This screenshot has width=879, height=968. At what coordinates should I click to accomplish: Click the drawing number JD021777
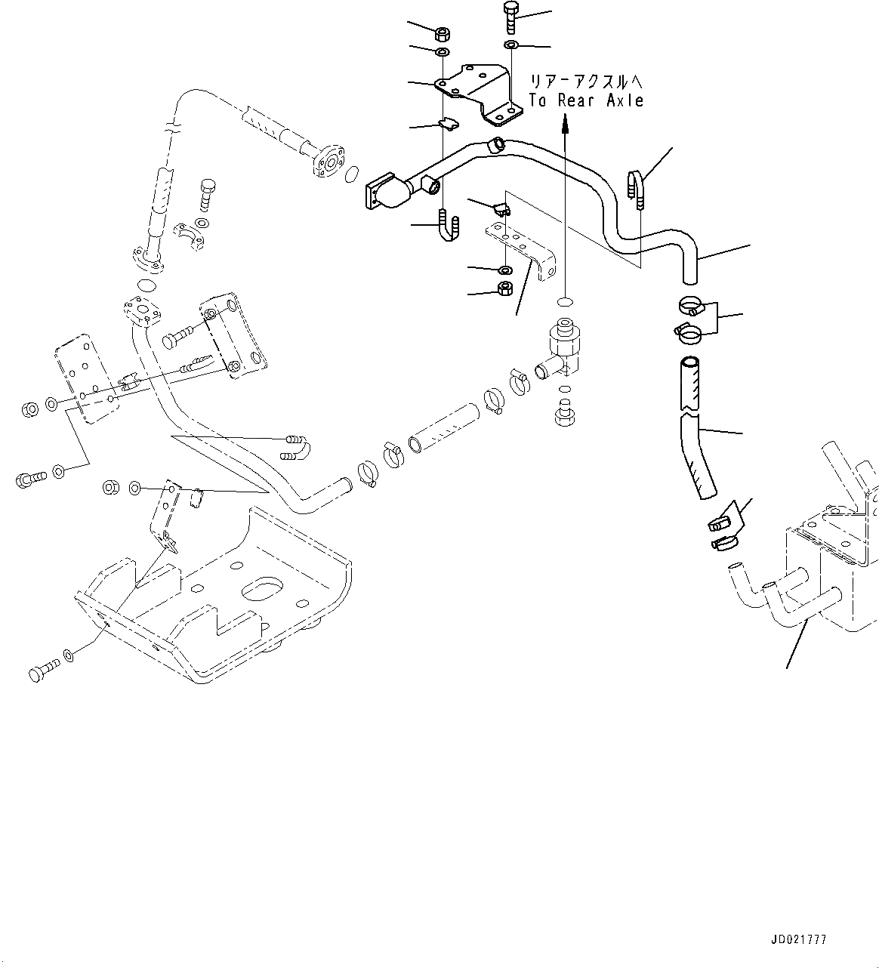coord(798,940)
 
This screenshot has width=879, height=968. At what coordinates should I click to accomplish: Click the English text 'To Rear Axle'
coord(586,100)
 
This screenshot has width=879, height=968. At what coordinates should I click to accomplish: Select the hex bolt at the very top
coord(510,16)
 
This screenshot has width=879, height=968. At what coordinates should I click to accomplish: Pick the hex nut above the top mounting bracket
coord(442,34)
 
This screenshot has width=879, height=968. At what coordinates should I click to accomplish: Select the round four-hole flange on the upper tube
coord(326,162)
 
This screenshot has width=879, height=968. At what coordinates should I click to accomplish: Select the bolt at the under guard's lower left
coord(44,669)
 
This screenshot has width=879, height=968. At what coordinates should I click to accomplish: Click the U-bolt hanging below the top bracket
coord(446,227)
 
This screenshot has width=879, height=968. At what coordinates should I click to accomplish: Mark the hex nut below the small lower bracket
coord(506,288)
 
